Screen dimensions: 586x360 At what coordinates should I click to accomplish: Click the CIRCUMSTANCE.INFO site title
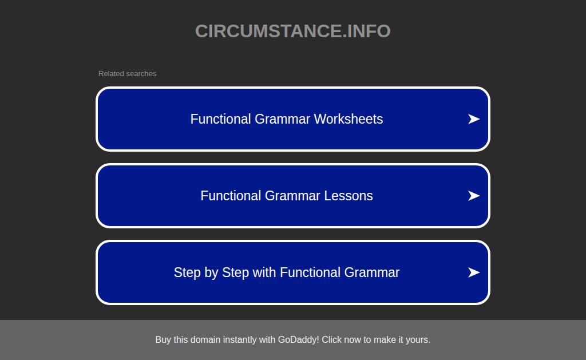coord(292,31)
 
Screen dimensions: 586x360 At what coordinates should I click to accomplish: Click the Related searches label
coord(127,74)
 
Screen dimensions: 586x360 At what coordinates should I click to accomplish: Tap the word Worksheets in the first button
coord(349,119)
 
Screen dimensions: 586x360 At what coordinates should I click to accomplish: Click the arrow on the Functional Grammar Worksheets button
coord(474,119)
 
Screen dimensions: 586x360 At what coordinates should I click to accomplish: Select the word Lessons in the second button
coord(349,196)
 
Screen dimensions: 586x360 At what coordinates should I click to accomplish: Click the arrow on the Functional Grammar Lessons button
coord(474,196)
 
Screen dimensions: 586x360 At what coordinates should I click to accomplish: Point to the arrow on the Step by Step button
coord(474,272)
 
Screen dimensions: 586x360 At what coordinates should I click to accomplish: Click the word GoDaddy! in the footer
coord(298,339)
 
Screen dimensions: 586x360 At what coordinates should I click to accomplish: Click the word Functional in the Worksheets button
coord(220,119)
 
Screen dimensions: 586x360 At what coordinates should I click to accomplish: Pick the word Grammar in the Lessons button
coord(292,196)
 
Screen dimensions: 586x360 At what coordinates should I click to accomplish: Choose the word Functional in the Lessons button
coord(231,196)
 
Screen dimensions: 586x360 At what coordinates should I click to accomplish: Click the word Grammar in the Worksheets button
coord(282,119)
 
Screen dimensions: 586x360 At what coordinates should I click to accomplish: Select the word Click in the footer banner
coord(331,339)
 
